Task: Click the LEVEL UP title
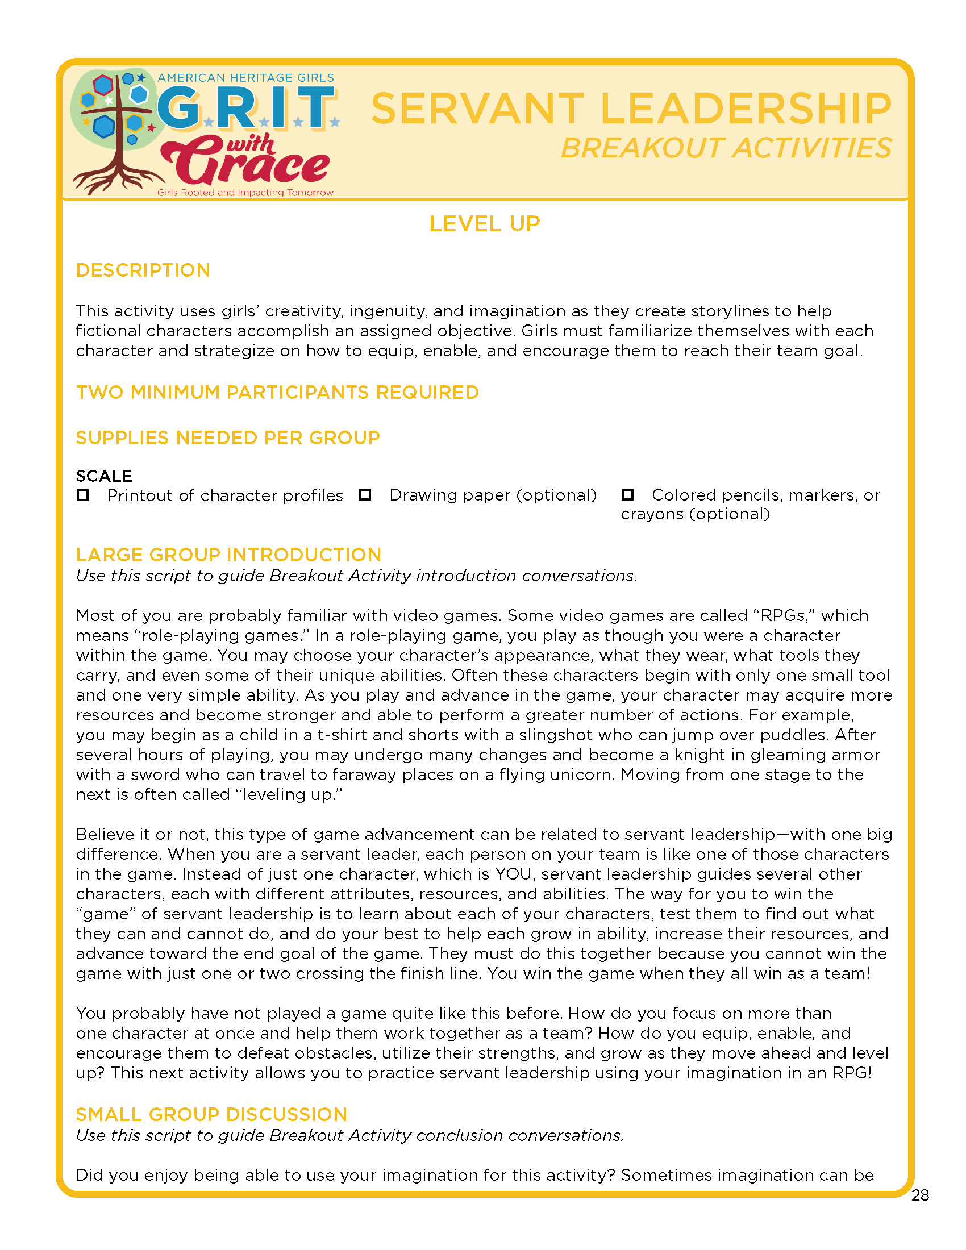(x=484, y=224)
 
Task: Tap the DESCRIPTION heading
(x=143, y=270)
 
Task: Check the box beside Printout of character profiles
(x=83, y=495)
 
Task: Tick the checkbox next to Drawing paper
(x=365, y=494)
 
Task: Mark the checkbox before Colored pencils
(x=627, y=494)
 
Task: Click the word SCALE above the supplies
(x=103, y=476)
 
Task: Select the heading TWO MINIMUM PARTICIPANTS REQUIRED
(x=277, y=392)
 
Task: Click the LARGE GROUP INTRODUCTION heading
(x=228, y=555)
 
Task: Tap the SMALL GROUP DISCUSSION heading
(x=211, y=1114)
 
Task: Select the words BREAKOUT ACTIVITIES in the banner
(x=726, y=148)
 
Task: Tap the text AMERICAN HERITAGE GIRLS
(x=245, y=78)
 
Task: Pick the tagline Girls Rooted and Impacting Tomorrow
(x=245, y=193)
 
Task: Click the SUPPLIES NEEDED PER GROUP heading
(x=228, y=438)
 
